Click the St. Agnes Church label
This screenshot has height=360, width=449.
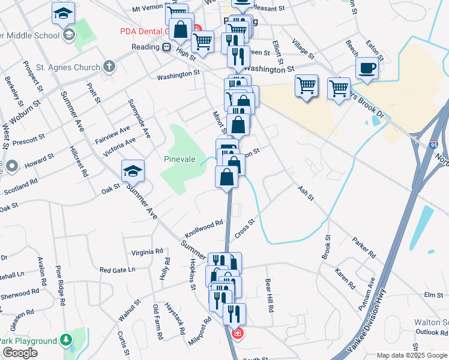point(67,66)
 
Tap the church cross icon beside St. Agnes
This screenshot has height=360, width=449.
point(109,66)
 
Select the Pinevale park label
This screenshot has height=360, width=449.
point(180,159)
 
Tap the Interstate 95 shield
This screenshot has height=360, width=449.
point(434,145)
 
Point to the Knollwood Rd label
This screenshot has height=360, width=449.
point(204,227)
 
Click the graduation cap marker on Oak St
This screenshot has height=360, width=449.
point(133,171)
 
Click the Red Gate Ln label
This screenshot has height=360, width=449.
point(118,270)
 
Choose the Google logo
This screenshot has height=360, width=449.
point(20,352)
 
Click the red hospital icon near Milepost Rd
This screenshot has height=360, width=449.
point(238,333)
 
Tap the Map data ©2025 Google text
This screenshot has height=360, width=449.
point(411,355)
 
